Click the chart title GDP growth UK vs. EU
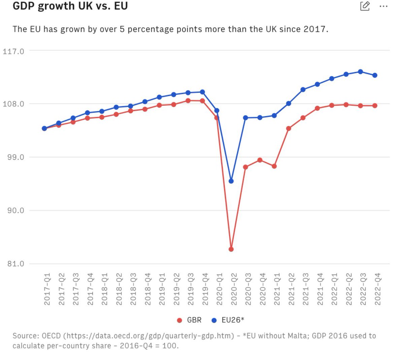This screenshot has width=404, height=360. click(70, 6)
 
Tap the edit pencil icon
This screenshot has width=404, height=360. click(365, 6)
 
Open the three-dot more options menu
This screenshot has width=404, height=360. click(383, 6)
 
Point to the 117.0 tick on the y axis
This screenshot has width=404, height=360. click(13, 51)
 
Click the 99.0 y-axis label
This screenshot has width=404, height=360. click(15, 157)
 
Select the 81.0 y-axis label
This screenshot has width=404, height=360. click(15, 264)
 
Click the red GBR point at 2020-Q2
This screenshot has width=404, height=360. click(231, 249)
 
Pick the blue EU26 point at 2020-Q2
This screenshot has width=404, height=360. click(231, 181)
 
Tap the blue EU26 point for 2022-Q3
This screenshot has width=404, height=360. click(360, 72)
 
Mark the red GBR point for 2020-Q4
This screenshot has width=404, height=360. click(260, 160)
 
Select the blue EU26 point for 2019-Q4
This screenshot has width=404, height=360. click(202, 92)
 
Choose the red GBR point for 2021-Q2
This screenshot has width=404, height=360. click(289, 129)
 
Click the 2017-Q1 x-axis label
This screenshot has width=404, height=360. click(47, 289)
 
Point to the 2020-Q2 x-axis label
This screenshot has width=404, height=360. click(234, 289)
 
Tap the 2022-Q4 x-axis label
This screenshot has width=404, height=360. click(377, 289)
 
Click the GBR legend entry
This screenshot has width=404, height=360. click(189, 320)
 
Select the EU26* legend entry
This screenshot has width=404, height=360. click(228, 320)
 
